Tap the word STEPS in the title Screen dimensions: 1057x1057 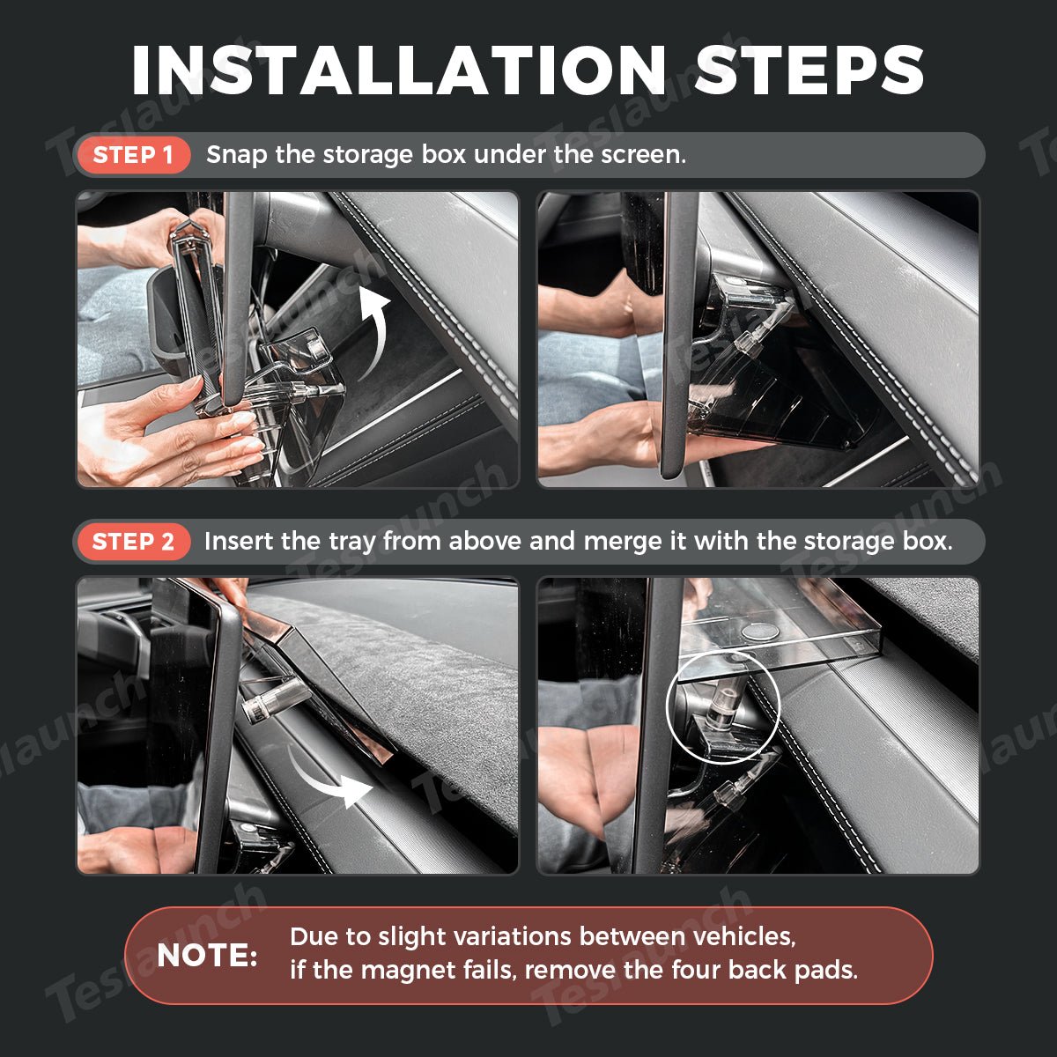click(809, 70)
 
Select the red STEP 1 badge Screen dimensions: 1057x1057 click(133, 155)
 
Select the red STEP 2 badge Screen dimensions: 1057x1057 click(133, 542)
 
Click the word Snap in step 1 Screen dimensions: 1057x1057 click(237, 155)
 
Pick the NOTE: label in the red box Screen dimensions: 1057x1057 click(207, 956)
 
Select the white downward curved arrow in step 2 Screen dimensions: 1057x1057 click(323, 778)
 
